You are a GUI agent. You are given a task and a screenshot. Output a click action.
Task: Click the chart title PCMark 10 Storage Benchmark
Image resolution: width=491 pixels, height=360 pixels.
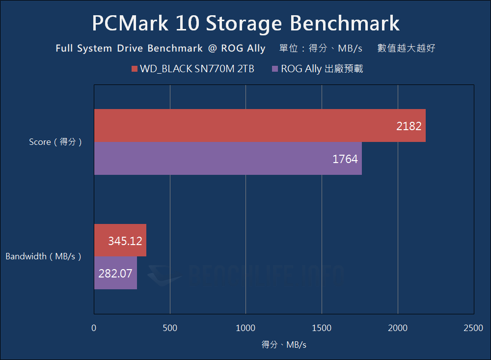click(x=245, y=24)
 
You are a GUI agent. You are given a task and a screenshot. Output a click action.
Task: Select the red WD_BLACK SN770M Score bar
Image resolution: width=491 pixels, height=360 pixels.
click(x=259, y=126)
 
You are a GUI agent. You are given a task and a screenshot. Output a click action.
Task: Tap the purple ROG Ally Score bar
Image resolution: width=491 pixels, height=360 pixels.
click(x=227, y=159)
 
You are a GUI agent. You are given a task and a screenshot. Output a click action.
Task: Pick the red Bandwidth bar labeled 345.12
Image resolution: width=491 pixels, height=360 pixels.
click(x=120, y=240)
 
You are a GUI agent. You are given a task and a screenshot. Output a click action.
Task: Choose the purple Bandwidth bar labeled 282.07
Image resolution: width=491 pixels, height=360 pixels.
click(x=115, y=273)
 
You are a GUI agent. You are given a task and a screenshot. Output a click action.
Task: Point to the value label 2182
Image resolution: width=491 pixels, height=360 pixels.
click(x=409, y=126)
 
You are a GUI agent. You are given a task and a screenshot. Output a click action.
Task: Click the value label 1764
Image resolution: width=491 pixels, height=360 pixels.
click(x=345, y=159)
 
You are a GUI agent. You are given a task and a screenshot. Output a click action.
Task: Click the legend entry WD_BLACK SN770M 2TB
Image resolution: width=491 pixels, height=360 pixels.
click(x=197, y=69)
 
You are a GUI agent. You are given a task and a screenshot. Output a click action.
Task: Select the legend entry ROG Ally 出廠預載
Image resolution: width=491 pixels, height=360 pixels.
click(x=322, y=69)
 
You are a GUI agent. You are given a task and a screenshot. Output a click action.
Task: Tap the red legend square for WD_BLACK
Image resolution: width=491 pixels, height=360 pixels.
click(x=134, y=69)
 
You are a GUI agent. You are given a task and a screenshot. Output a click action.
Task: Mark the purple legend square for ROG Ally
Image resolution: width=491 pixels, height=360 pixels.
click(x=275, y=69)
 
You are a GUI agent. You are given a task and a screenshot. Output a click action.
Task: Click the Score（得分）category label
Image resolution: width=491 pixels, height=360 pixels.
click(x=55, y=142)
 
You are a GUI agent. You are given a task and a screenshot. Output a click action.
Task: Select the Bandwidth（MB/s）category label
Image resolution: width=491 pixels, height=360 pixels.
click(x=43, y=256)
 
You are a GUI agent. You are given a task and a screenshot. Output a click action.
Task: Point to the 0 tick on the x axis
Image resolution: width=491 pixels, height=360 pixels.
click(x=94, y=328)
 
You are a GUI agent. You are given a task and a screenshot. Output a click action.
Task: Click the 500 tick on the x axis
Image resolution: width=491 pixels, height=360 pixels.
click(x=170, y=328)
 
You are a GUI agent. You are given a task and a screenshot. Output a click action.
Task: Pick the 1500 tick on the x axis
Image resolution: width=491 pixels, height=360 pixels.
click(x=322, y=328)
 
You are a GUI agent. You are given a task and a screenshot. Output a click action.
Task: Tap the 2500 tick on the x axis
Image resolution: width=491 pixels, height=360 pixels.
click(x=473, y=328)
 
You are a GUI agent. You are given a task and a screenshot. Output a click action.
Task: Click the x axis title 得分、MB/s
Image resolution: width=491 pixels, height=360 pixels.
click(x=284, y=345)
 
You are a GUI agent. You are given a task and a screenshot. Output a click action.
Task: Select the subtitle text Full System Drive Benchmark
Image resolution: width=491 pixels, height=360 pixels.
click(x=129, y=49)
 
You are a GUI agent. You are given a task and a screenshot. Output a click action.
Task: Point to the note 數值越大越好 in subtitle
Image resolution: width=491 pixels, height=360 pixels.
click(x=406, y=49)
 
